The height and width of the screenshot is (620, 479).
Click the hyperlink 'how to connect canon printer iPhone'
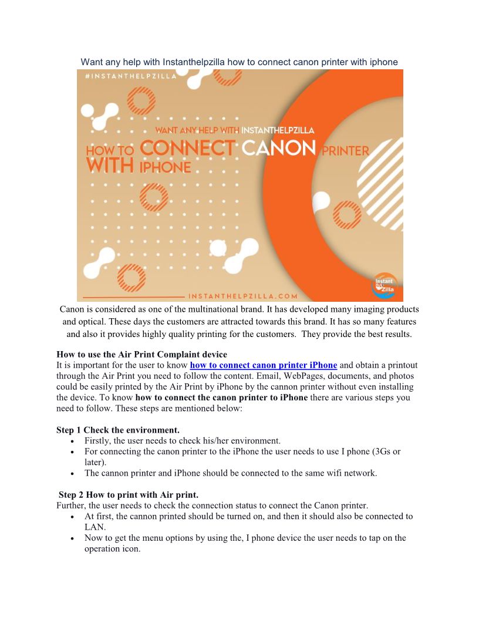[x=264, y=365]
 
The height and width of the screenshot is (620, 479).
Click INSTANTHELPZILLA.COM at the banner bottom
[x=243, y=296]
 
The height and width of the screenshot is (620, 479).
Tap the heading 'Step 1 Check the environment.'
[x=117, y=430]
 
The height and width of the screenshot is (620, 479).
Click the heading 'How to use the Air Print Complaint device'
[x=141, y=354]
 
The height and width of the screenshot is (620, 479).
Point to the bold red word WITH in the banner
[x=110, y=166]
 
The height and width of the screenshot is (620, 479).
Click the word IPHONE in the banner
[x=165, y=168]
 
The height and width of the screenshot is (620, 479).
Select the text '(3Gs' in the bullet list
[x=381, y=451]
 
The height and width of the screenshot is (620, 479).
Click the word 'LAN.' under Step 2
[x=95, y=527]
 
